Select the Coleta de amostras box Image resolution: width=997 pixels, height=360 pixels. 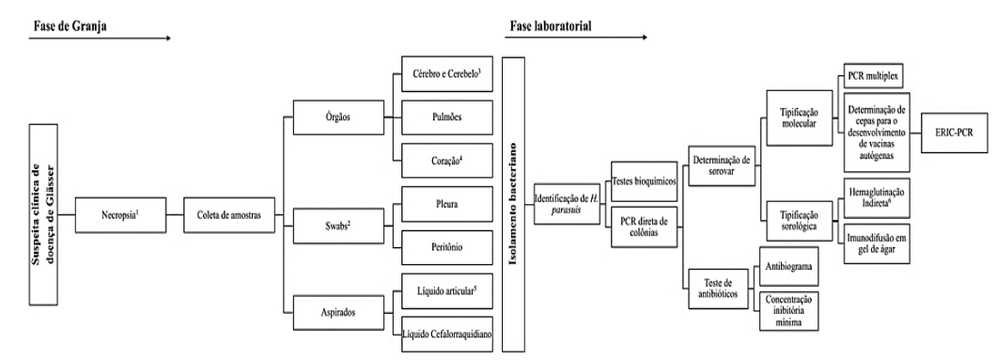[229, 213]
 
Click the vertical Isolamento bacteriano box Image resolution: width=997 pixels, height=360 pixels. [514, 204]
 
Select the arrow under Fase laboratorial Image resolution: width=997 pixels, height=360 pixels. [580, 39]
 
